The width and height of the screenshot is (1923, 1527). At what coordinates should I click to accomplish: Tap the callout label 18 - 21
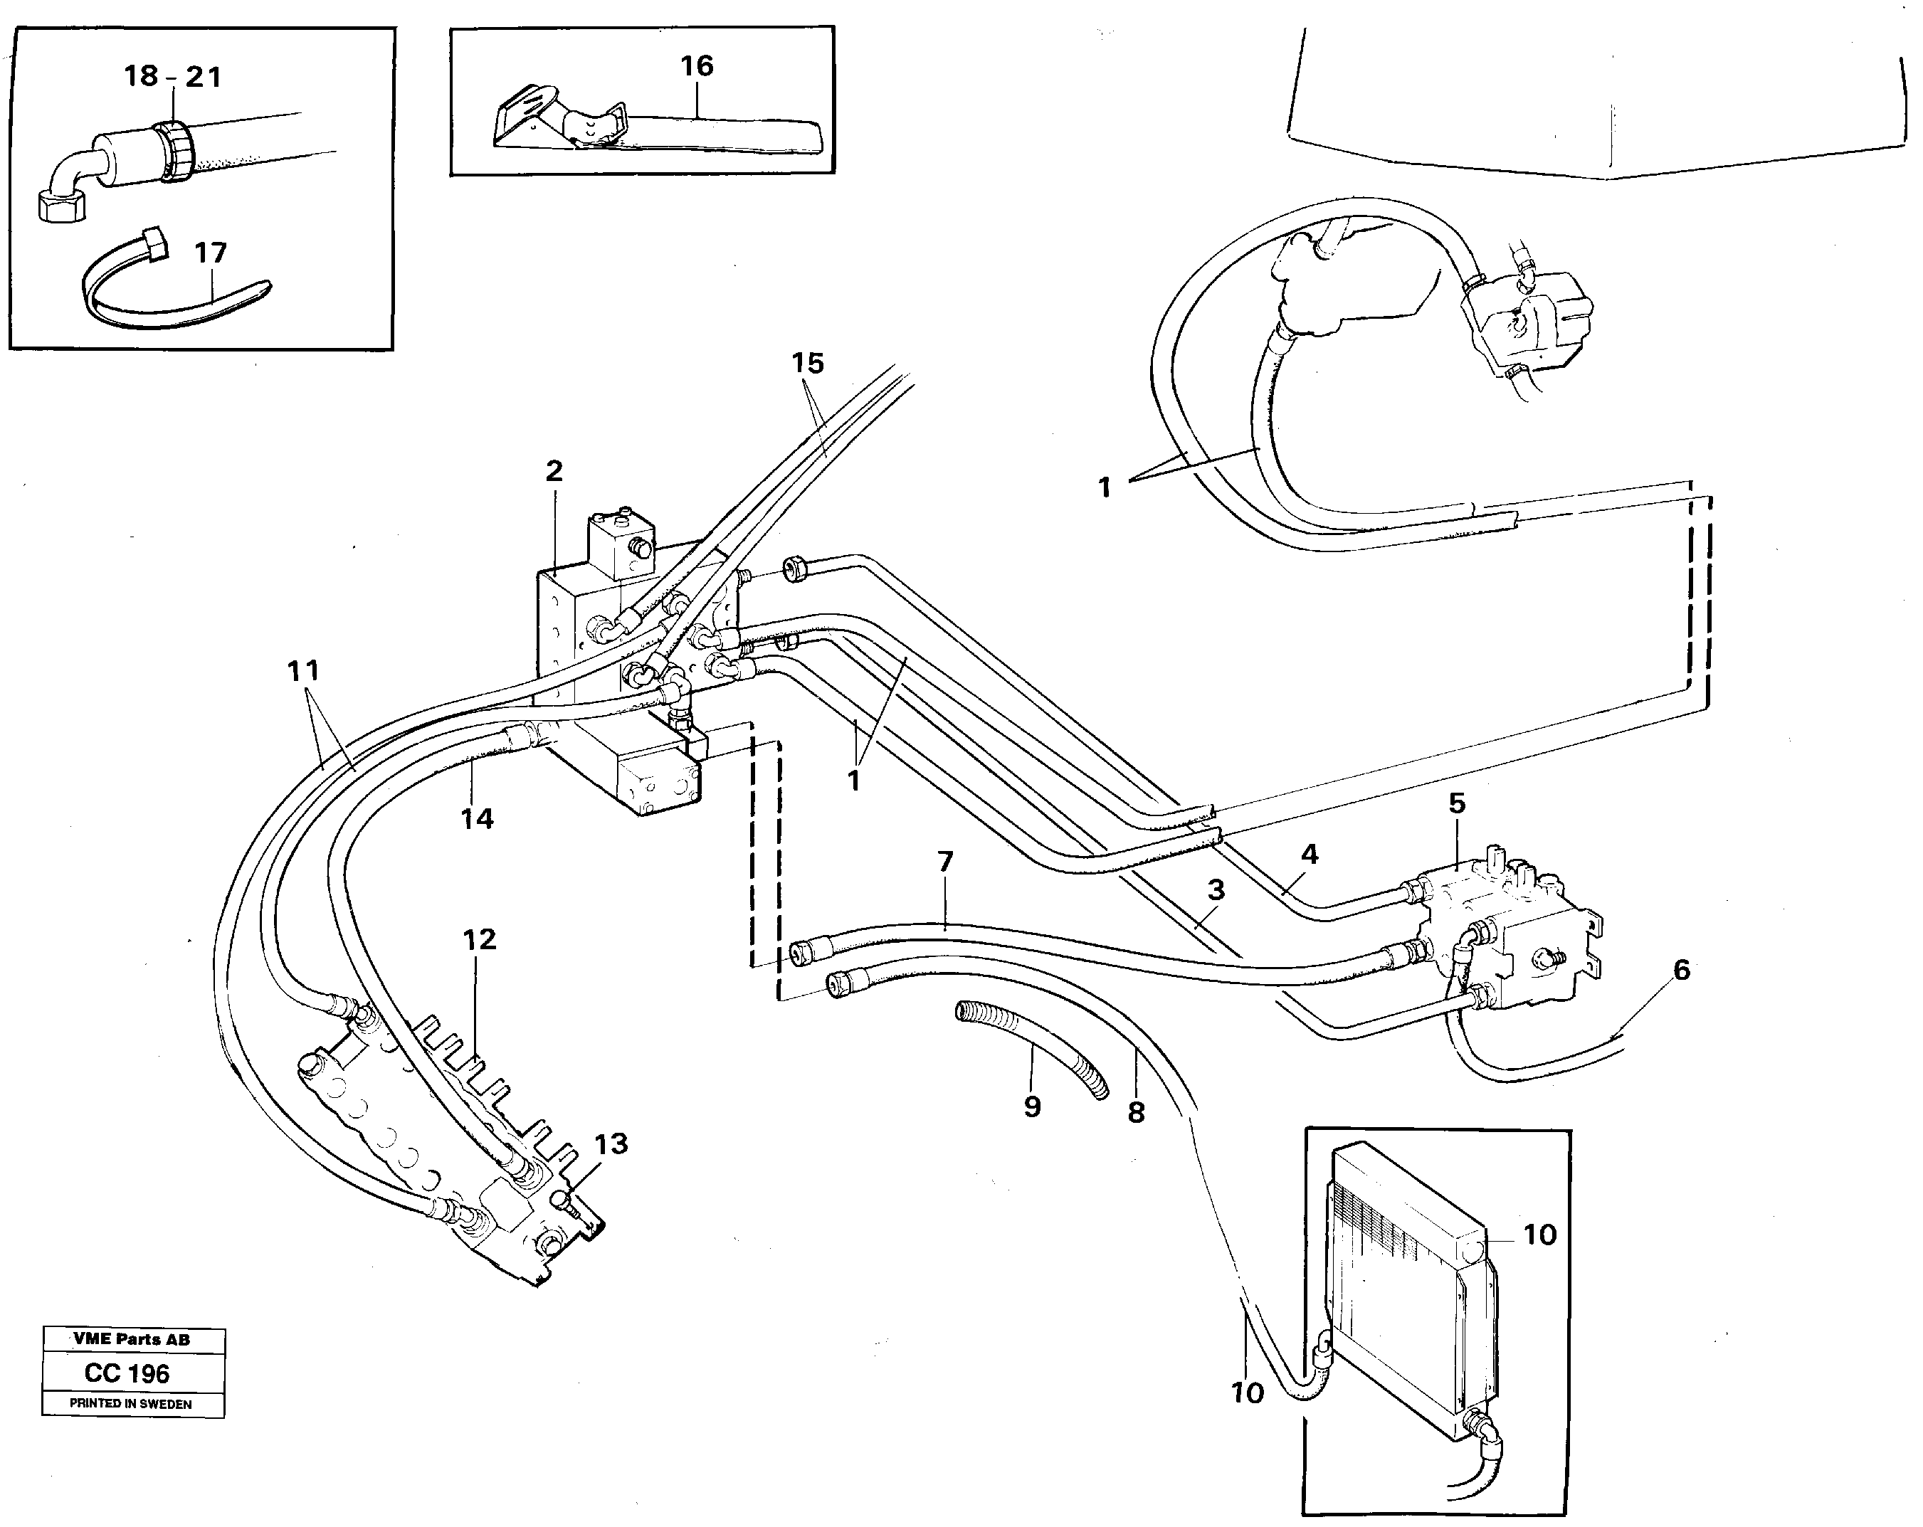click(172, 76)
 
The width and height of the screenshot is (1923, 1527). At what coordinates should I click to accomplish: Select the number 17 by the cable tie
click(211, 253)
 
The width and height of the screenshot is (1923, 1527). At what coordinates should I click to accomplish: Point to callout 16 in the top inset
click(697, 65)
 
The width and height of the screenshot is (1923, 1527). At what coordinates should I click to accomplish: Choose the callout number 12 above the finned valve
click(479, 939)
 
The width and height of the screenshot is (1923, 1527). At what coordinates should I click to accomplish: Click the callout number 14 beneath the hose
click(477, 818)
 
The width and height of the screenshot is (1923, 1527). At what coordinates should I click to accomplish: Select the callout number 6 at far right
click(1681, 970)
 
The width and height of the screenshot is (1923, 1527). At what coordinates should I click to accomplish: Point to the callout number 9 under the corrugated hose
click(1032, 1107)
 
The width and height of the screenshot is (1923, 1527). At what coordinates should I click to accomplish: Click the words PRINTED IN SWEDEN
click(130, 1404)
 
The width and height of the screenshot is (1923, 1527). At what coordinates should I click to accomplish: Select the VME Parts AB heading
click(131, 1339)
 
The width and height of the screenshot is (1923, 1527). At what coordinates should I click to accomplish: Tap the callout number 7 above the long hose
click(945, 861)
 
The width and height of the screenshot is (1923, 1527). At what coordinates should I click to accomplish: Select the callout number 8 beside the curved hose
click(1135, 1111)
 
